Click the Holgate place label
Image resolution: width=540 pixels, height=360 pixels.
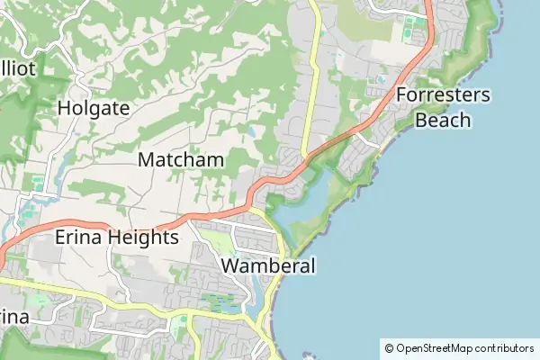[93, 109]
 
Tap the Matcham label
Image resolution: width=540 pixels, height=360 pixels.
[181, 160]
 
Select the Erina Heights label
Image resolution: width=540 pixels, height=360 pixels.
[117, 238]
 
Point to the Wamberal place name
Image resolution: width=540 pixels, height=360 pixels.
[268, 266]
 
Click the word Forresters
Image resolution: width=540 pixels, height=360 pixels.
[442, 95]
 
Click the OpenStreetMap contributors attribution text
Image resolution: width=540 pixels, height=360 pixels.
[464, 347]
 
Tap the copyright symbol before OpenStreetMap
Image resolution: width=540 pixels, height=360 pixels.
[389, 347]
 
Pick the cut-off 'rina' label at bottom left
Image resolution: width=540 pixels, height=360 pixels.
[13, 318]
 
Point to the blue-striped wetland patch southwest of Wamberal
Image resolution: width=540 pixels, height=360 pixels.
[220, 302]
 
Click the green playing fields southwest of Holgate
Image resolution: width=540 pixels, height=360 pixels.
[37, 184]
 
